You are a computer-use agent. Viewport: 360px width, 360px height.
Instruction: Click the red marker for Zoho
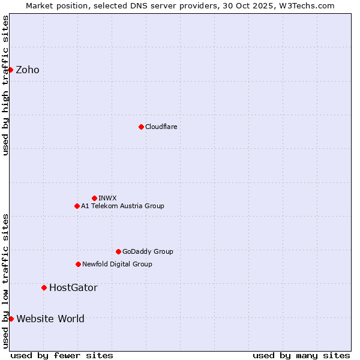[11, 70]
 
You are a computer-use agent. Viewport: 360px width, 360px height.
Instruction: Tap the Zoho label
[28, 70]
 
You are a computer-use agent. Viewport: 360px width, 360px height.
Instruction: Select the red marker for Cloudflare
[141, 127]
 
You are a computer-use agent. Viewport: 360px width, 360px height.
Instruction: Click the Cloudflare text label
[161, 127]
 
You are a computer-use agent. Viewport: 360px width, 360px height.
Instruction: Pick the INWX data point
[94, 198]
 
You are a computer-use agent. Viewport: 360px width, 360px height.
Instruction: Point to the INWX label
[107, 198]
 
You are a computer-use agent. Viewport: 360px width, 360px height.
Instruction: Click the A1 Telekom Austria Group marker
[77, 206]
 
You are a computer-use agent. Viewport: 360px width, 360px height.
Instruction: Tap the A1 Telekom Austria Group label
[122, 206]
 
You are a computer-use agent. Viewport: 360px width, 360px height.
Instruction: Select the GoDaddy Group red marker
[118, 251]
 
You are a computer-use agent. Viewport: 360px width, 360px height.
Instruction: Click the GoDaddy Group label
[148, 251]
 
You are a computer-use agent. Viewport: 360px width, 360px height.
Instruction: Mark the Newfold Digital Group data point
[78, 264]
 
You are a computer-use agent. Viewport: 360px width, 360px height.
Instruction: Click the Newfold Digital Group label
[117, 264]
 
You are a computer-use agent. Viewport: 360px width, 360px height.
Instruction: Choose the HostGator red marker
[44, 287]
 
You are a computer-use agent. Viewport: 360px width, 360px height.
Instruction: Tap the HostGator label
[73, 287]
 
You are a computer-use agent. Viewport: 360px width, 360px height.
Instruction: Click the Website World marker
[11, 319]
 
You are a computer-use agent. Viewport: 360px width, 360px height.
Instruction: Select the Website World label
[50, 319]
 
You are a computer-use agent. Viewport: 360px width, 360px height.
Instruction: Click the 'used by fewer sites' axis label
[62, 355]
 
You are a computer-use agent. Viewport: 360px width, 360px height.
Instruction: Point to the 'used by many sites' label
[301, 355]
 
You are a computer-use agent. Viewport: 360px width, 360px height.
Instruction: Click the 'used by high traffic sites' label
[5, 85]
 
